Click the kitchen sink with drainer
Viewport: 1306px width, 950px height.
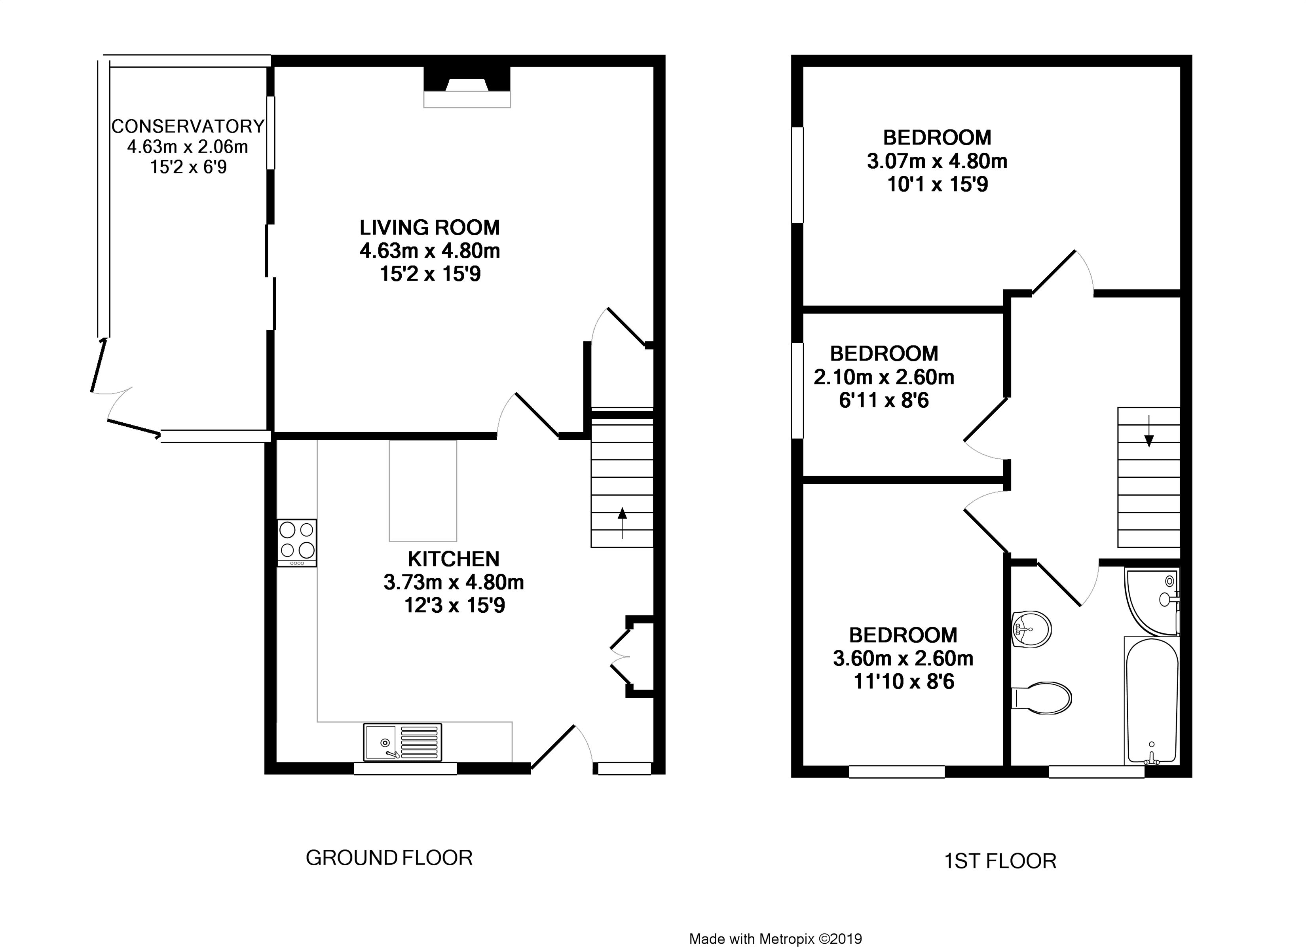click(402, 742)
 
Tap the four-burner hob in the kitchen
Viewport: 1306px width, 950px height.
click(296, 543)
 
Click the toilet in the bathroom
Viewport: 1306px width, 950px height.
click(1041, 698)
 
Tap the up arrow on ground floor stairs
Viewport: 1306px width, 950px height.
click(622, 522)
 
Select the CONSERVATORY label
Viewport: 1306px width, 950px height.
click(188, 126)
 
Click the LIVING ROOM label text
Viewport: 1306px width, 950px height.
click(429, 228)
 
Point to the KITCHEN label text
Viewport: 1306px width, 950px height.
click(454, 559)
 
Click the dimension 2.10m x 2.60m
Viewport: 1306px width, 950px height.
click(884, 377)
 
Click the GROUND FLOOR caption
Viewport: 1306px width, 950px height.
click(389, 858)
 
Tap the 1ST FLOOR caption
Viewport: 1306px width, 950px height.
click(1000, 861)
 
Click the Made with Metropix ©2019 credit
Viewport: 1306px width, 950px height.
click(776, 939)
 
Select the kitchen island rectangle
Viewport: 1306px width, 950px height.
click(423, 491)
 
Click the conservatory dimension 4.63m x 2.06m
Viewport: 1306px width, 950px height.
click(188, 147)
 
